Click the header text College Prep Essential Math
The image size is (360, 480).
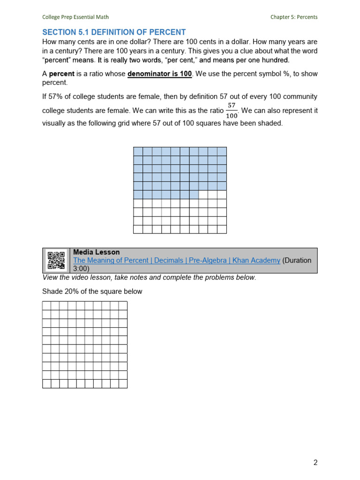click(75, 17)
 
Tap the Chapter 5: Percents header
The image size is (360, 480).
click(293, 17)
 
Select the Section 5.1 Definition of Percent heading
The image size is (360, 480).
click(114, 32)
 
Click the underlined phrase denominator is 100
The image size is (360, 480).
click(159, 74)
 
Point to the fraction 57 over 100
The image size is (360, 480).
click(232, 111)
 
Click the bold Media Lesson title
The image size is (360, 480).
click(97, 252)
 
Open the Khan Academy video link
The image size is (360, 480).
click(177, 260)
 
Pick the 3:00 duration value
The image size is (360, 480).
click(82, 269)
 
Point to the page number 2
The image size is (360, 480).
click(315, 463)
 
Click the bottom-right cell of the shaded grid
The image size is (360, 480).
click(222, 229)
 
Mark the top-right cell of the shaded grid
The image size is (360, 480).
click(222, 151)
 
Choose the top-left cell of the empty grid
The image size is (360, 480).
click(46, 306)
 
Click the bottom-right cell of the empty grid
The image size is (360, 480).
click(123, 384)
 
